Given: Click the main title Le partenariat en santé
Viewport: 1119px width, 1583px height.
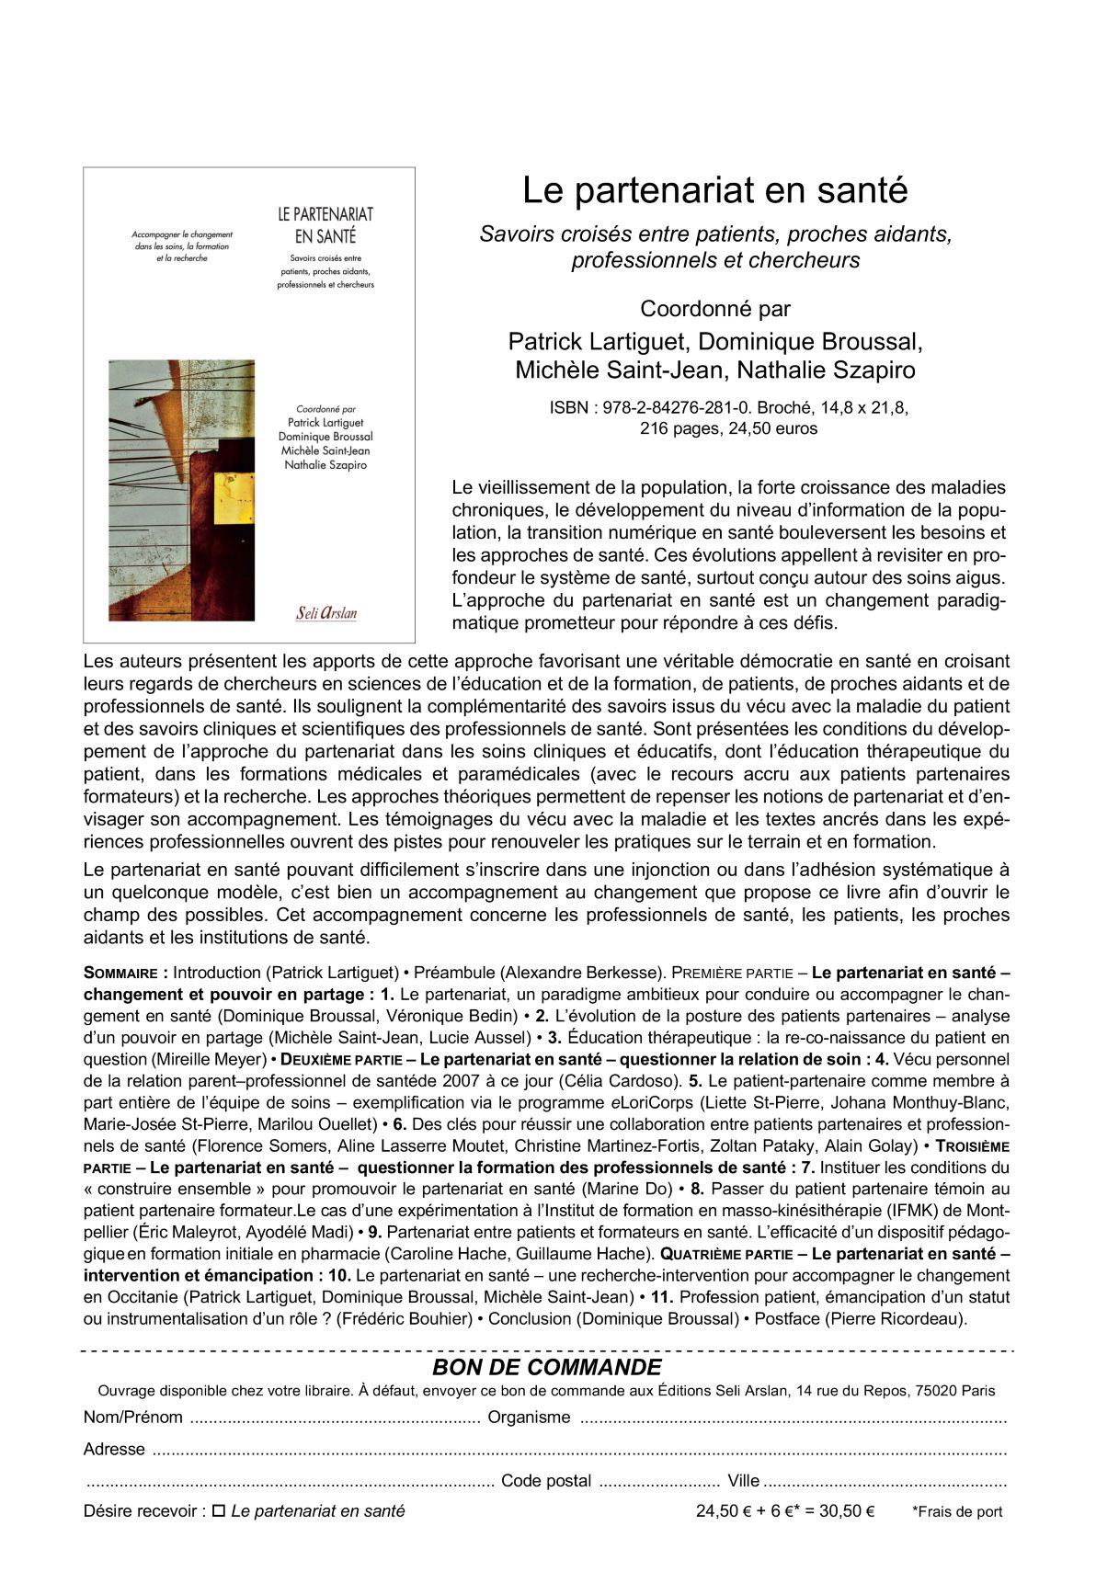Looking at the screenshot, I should (714, 191).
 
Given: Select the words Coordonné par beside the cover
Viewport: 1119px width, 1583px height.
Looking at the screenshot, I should (714, 309).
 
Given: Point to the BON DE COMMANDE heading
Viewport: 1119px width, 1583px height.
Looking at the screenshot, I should (546, 1367).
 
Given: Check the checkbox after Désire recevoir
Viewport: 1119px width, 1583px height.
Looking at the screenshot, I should (219, 1511).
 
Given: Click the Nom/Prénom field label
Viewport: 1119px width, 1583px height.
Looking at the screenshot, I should (132, 1418).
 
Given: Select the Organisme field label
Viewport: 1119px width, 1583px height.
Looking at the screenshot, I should (529, 1418).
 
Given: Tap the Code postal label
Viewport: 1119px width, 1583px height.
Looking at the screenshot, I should (546, 1481).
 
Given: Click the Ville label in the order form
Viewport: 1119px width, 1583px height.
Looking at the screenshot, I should (743, 1481).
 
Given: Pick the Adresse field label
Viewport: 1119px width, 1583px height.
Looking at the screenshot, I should (114, 1450).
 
